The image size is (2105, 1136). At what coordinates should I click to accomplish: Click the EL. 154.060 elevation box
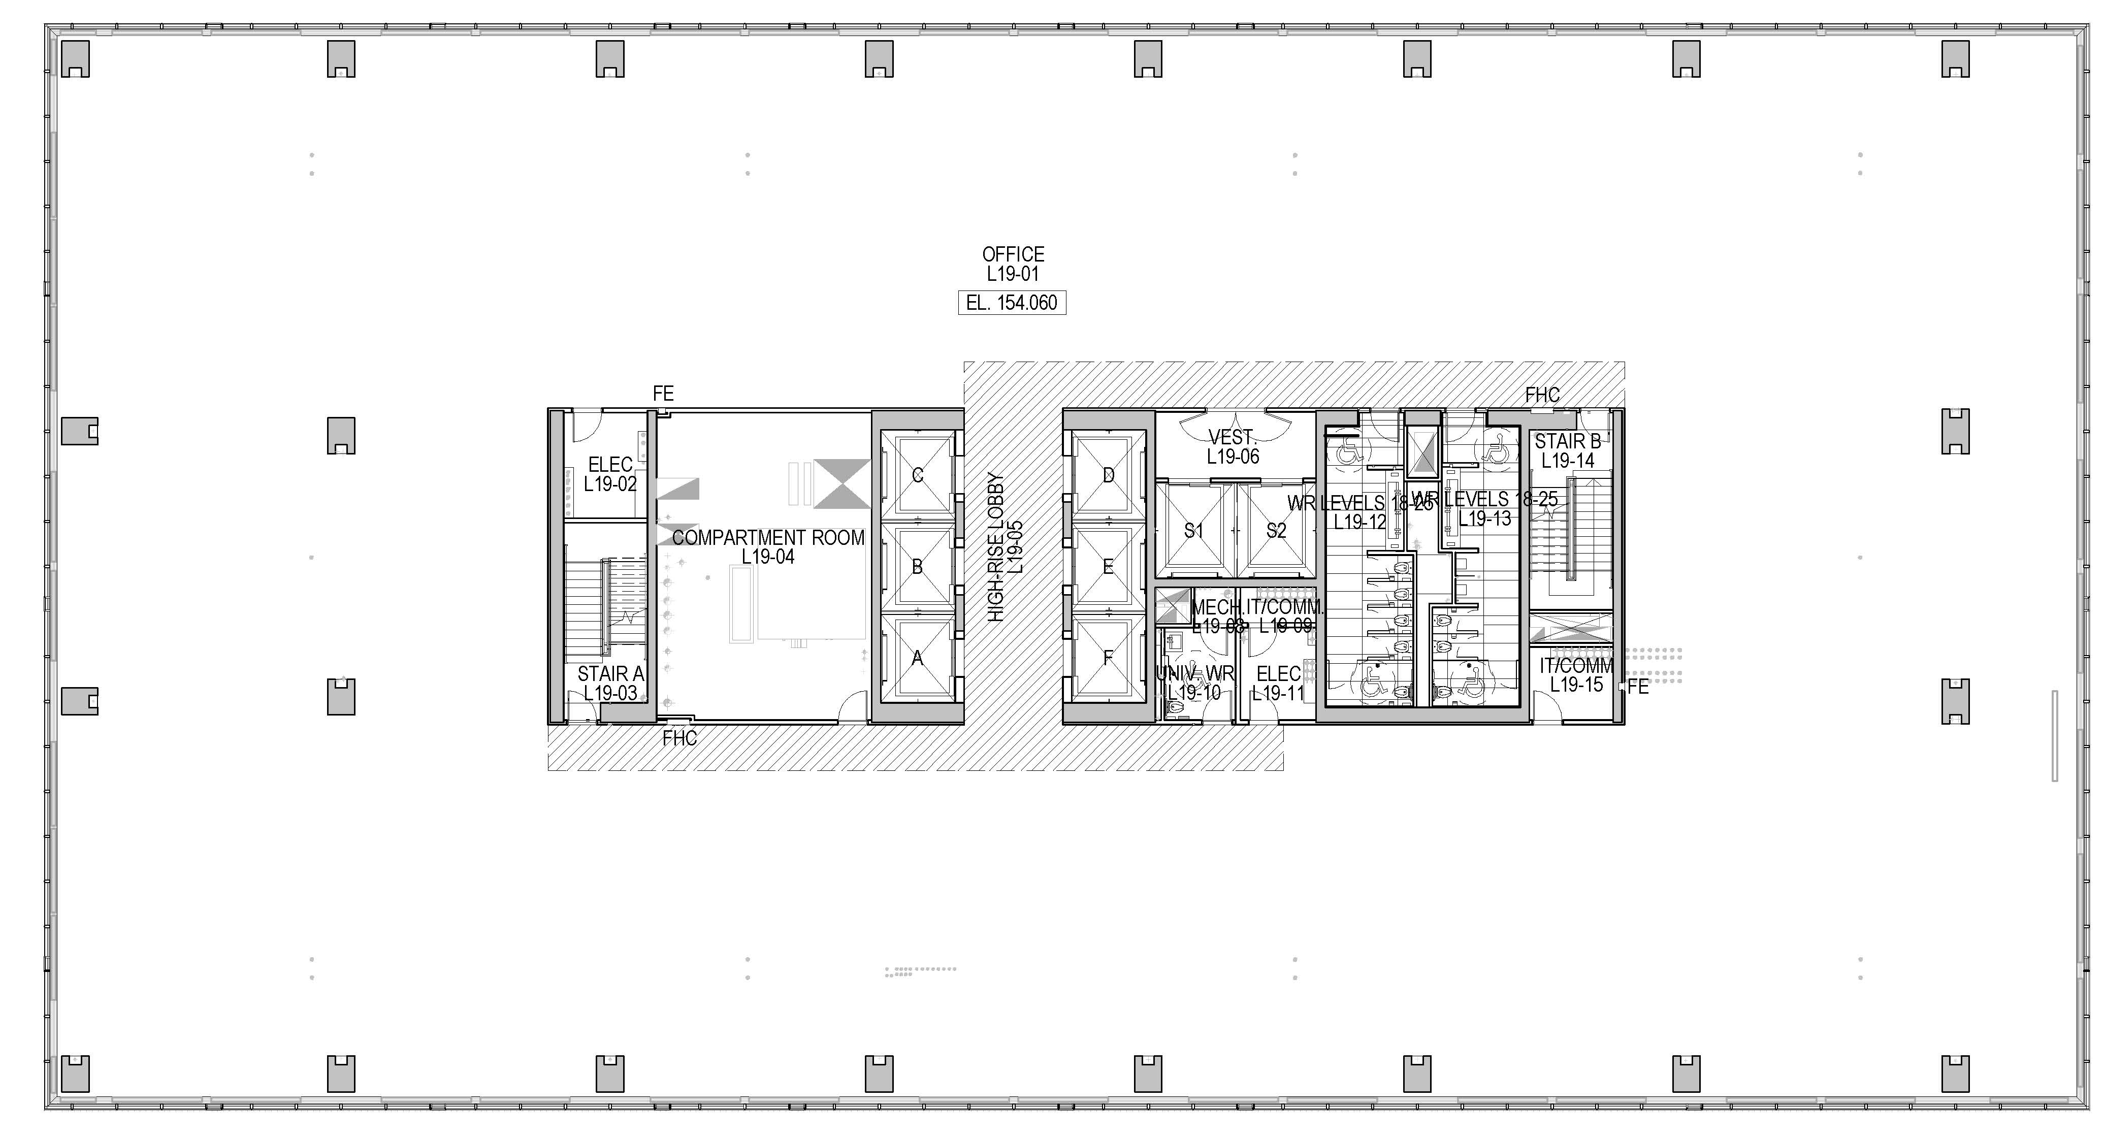tap(1012, 302)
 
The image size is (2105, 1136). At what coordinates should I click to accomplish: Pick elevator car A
tap(917, 658)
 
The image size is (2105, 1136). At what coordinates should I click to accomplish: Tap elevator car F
tap(1108, 658)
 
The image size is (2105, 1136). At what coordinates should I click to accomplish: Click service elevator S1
tap(1194, 530)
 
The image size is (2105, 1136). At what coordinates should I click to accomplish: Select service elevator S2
tap(1276, 530)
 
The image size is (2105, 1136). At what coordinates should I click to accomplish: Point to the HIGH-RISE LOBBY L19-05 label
tap(1005, 547)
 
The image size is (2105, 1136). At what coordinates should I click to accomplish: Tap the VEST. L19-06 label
tap(1233, 447)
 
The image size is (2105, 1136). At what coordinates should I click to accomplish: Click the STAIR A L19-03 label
tap(610, 683)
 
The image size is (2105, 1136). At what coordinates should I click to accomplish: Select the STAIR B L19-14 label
tap(1567, 450)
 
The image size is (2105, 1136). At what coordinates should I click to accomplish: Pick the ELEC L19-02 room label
tap(609, 474)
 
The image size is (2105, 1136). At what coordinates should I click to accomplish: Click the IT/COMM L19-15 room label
tap(1576, 675)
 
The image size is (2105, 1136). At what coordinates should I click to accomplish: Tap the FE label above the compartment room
tap(663, 394)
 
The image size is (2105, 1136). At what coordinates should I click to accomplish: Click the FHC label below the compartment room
tap(679, 739)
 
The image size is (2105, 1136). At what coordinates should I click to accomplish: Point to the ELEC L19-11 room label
tap(1278, 683)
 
